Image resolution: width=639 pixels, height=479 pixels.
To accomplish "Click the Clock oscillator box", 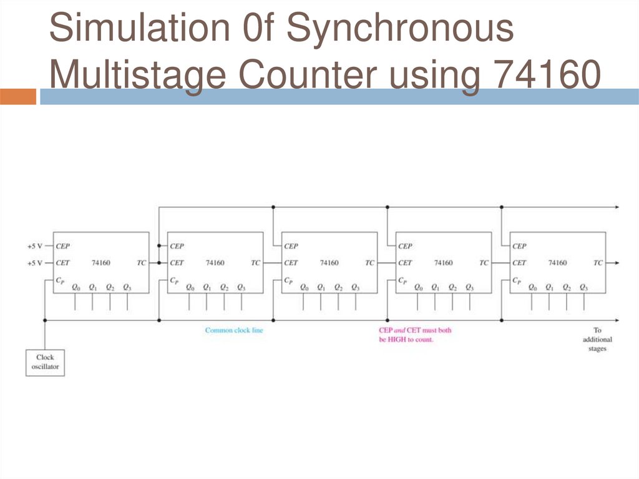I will (x=45, y=362).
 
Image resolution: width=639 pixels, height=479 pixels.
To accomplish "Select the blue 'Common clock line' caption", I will (x=234, y=330).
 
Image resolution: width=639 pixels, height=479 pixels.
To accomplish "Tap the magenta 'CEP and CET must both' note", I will (x=415, y=330).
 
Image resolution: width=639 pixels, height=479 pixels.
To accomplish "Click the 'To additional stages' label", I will (x=597, y=340).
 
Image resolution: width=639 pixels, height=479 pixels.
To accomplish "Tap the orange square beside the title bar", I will (x=17, y=97).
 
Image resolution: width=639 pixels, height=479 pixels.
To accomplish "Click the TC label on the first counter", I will (x=142, y=263).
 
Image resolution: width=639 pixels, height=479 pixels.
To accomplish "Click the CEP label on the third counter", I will (x=291, y=246).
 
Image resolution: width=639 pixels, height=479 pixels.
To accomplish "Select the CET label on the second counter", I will (x=177, y=263).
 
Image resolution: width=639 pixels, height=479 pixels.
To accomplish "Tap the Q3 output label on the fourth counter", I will (x=469, y=288).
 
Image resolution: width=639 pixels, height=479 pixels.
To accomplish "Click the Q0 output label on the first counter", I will (x=76, y=288).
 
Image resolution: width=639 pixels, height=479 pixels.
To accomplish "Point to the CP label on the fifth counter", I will (x=517, y=281).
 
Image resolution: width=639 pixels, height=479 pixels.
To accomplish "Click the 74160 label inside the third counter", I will (x=329, y=263).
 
